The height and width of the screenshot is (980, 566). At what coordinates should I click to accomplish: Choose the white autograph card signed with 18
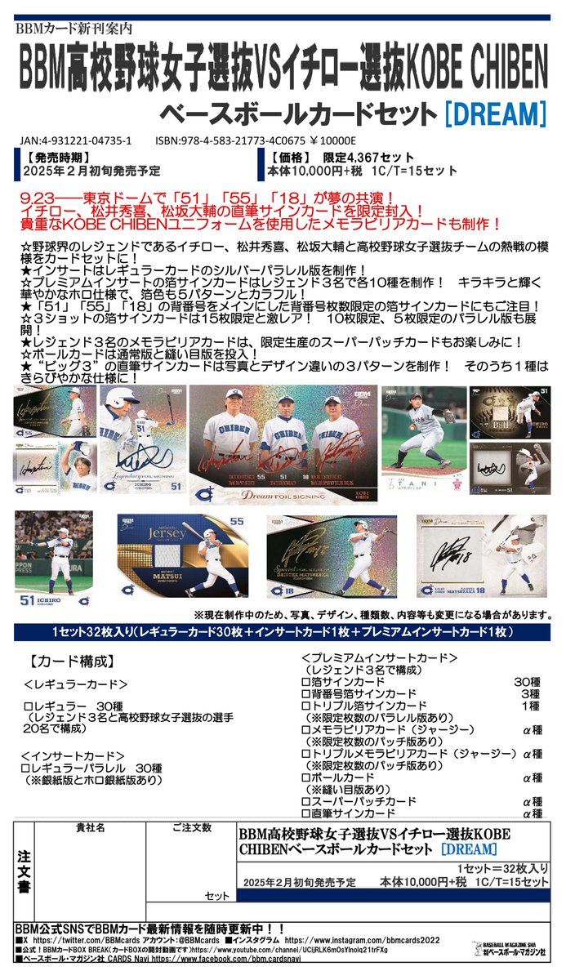pyautogui.click(x=481, y=555)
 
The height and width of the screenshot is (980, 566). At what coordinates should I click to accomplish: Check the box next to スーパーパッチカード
pyautogui.click(x=305, y=802)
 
